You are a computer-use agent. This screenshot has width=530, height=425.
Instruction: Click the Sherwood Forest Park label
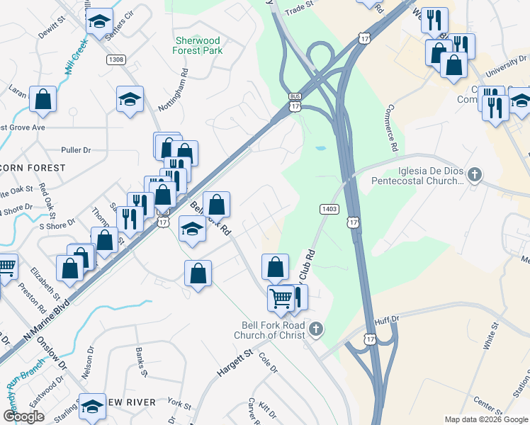click(198, 45)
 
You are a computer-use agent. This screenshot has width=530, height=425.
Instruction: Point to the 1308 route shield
click(117, 60)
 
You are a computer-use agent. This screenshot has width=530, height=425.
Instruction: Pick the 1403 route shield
click(329, 209)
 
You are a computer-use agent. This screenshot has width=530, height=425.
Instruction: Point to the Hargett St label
click(235, 366)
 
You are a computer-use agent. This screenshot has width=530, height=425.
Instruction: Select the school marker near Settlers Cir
click(100, 21)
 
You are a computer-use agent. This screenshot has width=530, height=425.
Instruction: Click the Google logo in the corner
click(23, 416)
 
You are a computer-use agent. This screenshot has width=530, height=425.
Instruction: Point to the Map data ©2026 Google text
click(486, 419)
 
